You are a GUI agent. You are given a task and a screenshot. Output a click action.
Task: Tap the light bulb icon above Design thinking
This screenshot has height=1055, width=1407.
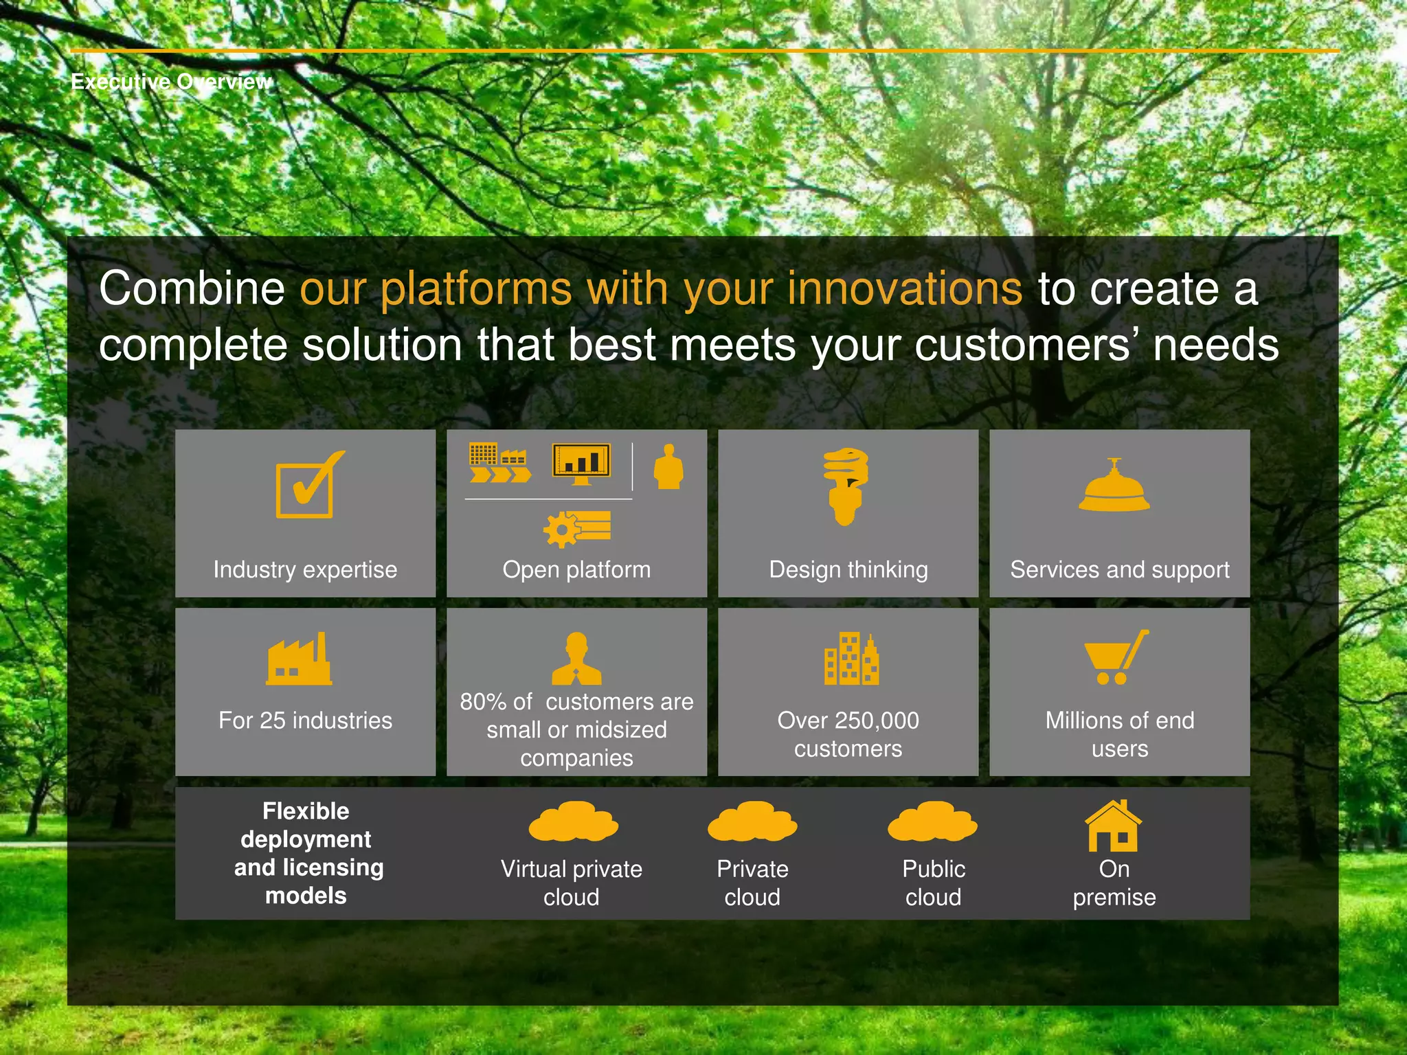point(846,486)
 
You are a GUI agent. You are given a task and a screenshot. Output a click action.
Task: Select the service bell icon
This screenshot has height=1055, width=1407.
point(1114,486)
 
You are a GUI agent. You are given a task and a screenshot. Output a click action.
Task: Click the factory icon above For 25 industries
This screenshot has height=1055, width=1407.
point(300,659)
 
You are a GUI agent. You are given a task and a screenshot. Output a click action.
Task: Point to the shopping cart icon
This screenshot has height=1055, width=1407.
point(1115,657)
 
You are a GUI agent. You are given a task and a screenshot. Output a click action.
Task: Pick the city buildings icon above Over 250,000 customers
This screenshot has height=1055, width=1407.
point(851,659)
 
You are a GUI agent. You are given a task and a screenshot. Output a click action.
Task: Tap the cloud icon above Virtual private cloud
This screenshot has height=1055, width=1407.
point(573,821)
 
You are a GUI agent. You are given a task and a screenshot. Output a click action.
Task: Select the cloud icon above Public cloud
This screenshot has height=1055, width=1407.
point(932,821)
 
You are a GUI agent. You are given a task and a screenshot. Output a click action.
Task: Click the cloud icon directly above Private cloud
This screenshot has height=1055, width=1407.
point(752,821)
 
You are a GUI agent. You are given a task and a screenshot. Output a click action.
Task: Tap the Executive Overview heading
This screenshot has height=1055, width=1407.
point(171,82)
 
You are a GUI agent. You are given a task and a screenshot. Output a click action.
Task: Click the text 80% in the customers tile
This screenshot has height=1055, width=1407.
point(483,702)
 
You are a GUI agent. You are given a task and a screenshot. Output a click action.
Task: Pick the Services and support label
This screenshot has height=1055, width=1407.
point(1119,570)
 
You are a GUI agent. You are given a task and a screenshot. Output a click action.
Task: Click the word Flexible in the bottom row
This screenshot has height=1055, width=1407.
point(306,811)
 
